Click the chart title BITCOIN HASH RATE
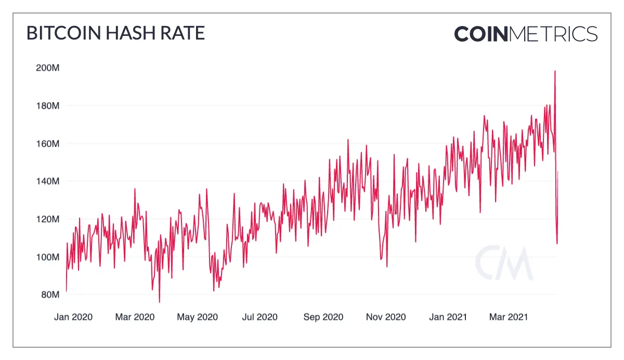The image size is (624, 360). tap(115, 33)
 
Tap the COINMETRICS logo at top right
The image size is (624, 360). tap(526, 34)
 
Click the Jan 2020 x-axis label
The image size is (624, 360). tap(73, 317)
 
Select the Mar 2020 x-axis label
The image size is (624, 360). tap(135, 317)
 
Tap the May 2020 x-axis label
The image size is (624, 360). tap(198, 317)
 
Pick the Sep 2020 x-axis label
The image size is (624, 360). tap(323, 317)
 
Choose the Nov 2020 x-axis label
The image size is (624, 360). tap(386, 317)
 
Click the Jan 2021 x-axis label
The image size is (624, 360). tap(448, 317)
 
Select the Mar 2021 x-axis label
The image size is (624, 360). tap(509, 317)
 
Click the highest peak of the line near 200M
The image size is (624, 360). tap(555, 71)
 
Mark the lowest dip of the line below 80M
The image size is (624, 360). tap(159, 301)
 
